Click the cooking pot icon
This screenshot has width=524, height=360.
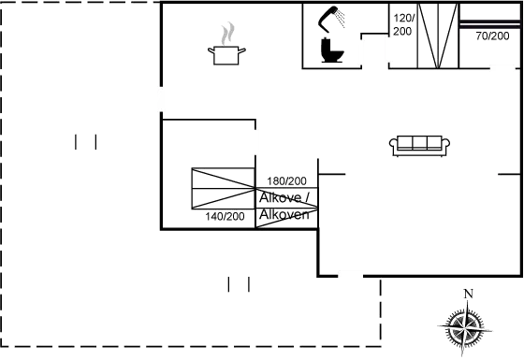(225, 55)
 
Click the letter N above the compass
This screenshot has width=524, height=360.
(469, 294)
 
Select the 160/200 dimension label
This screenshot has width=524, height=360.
(287, 180)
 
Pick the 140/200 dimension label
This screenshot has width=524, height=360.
(225, 216)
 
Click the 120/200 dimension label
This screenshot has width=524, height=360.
(403, 24)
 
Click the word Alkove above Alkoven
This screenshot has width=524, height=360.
(281, 198)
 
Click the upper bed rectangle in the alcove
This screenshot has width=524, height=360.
(223, 179)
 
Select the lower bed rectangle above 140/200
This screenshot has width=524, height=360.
(223, 199)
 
